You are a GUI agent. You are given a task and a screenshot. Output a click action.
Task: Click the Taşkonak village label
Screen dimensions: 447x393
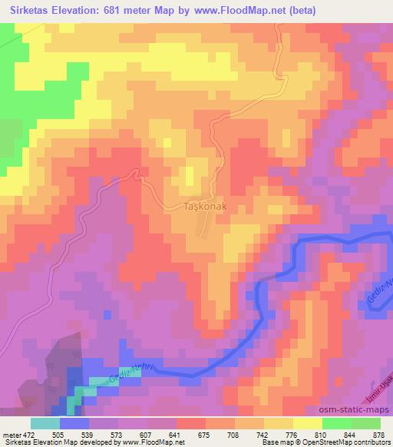point(204,207)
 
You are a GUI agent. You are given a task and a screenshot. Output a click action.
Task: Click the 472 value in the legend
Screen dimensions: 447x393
point(30,434)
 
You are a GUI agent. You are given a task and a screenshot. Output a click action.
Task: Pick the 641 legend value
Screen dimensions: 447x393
point(176,434)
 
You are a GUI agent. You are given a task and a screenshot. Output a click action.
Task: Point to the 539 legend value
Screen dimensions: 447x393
point(88,434)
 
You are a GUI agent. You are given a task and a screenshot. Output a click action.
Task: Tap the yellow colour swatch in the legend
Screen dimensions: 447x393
point(308,423)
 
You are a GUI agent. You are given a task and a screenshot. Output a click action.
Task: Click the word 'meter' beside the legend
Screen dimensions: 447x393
point(12,434)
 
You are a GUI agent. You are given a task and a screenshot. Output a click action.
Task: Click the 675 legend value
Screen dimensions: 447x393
point(205,434)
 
